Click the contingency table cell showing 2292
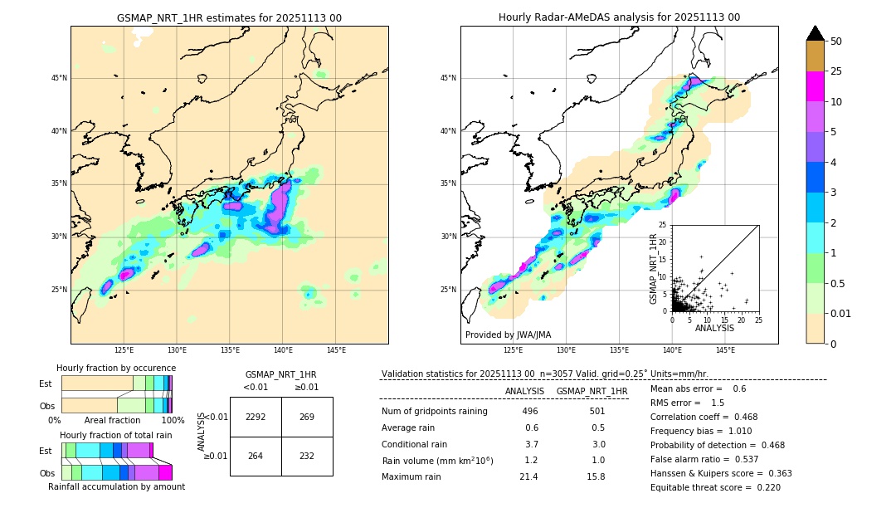coord(256,417)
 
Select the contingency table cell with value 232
coord(307,456)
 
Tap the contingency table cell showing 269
coord(307,417)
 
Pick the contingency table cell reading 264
coord(256,456)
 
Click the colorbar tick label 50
coord(836,42)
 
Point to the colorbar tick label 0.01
coord(841,313)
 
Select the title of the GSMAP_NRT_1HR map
coord(229,17)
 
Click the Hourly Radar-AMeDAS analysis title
coord(619,17)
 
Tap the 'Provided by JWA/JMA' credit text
coord(508,335)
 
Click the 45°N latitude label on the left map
coord(59,78)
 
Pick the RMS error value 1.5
coord(718,403)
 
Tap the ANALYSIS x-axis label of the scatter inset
coord(714,328)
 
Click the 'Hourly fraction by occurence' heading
coord(116,368)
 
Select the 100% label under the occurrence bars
coord(173,420)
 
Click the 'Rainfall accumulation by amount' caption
coord(116,486)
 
